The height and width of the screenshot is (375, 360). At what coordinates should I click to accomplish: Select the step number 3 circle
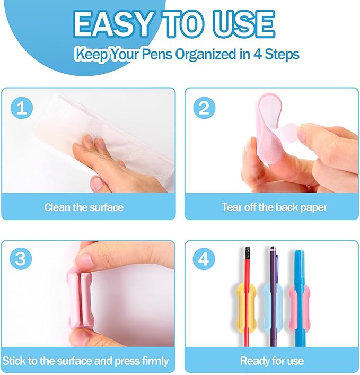point(21,259)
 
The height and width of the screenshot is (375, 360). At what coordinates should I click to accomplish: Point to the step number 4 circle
point(204,259)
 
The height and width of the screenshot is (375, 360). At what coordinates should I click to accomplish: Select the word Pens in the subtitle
point(157,54)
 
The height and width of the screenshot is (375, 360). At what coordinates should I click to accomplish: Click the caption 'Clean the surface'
point(84,207)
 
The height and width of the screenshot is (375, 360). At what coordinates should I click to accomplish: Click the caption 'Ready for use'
point(272,361)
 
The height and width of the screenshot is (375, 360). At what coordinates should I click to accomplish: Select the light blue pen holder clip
point(272,304)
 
